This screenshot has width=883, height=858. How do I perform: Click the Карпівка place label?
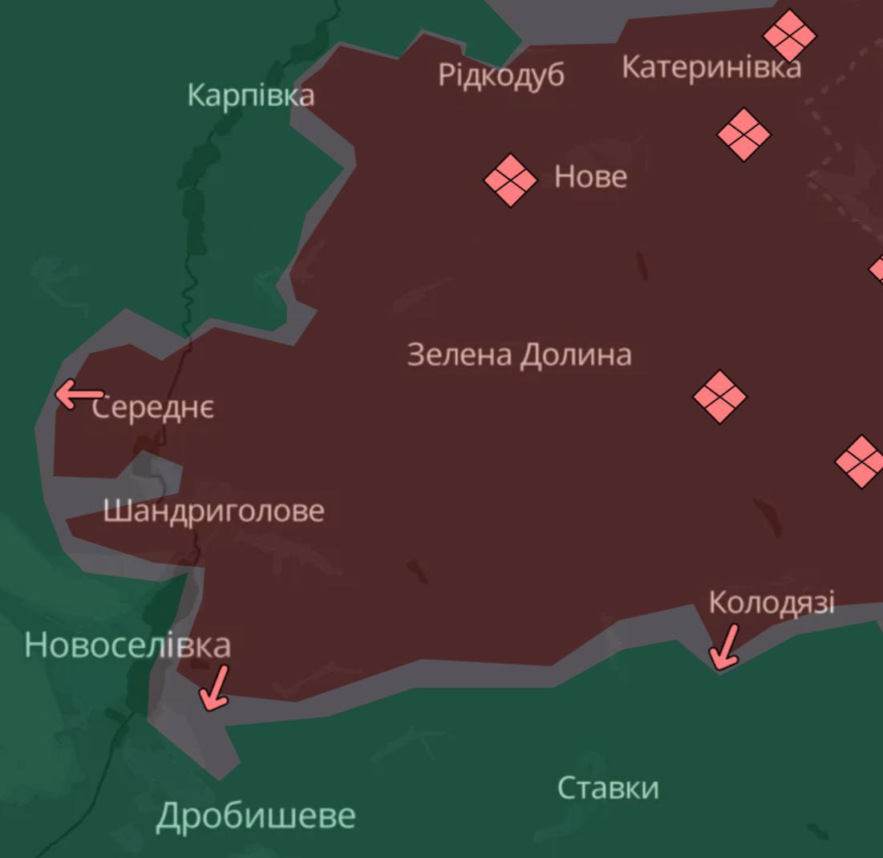(250, 95)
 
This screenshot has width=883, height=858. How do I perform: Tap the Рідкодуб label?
(500, 75)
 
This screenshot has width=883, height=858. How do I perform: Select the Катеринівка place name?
(711, 67)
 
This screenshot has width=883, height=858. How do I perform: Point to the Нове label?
(590, 176)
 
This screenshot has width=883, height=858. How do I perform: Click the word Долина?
(575, 354)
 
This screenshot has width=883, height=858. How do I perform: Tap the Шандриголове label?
(213, 511)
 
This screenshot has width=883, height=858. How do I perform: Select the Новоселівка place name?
(128, 646)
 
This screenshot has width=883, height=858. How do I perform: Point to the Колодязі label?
(772, 601)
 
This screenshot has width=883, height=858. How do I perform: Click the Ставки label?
(608, 788)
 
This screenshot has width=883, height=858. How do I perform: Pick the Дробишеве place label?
(255, 816)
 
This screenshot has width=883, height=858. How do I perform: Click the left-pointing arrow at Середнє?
(79, 395)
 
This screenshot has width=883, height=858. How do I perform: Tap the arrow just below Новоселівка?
(215, 688)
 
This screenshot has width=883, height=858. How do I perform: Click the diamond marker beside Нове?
(510, 180)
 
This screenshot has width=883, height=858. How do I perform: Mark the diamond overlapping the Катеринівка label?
(789, 35)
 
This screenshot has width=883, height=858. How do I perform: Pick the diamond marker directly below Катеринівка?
(743, 134)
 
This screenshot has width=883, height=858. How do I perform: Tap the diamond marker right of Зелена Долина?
(719, 396)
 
